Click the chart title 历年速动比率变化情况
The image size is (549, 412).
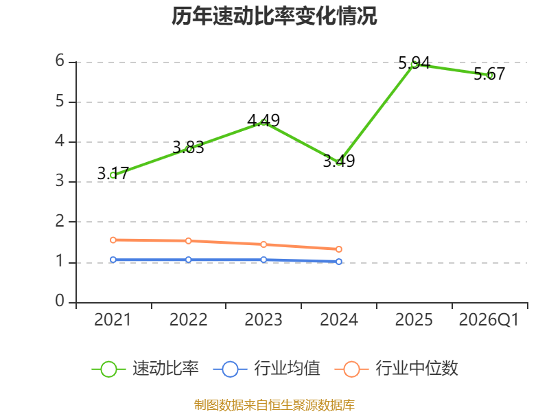point(274,16)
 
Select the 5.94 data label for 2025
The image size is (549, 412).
point(414,63)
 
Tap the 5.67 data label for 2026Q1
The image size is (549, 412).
point(489,73)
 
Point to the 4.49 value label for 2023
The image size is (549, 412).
point(264,121)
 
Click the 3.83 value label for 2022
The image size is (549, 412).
point(188,147)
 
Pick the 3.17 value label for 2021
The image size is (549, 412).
point(113,174)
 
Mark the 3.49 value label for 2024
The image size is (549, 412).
point(339,161)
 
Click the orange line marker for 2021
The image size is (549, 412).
point(113,240)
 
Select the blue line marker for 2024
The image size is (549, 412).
point(339,262)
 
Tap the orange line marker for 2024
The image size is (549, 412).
point(339,249)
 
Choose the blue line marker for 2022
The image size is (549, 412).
point(188,260)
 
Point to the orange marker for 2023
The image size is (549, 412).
point(264,244)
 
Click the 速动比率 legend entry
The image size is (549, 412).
point(145,369)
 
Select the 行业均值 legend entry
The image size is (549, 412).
point(266,369)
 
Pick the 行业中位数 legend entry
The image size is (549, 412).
point(397,369)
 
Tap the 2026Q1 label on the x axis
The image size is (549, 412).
point(489,319)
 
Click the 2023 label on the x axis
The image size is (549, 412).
point(264,319)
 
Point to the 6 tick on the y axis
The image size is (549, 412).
point(60,61)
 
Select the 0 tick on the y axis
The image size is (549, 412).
point(60,301)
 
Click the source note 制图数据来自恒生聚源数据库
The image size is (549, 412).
point(274,405)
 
